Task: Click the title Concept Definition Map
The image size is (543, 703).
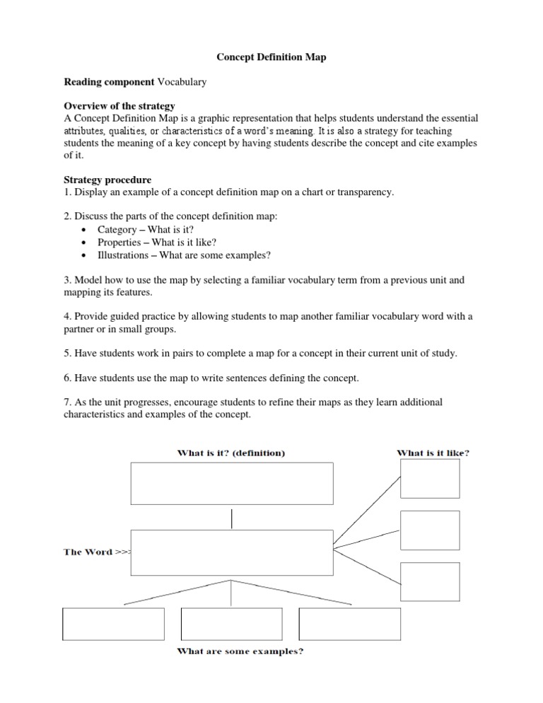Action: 271,57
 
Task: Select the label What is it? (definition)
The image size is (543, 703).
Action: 231,453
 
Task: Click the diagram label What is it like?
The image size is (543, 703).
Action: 433,453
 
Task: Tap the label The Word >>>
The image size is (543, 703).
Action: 98,552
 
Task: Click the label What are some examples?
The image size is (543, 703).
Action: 240,651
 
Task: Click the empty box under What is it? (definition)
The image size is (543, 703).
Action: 232,484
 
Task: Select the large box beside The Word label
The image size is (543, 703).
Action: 232,553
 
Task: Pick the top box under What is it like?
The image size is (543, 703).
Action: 430,479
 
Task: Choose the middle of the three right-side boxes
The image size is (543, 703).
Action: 430,529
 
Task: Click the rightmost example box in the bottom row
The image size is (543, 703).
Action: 350,623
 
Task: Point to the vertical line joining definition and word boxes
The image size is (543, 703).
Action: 232,518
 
